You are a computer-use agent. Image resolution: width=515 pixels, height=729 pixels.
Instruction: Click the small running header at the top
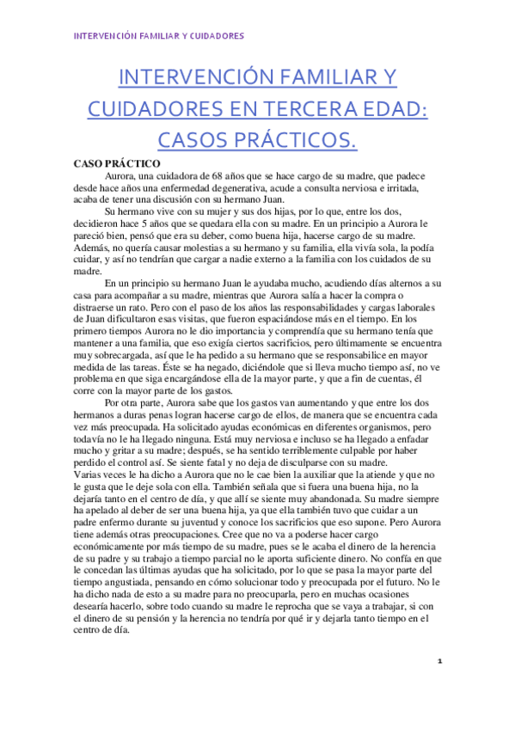[x=158, y=36]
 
